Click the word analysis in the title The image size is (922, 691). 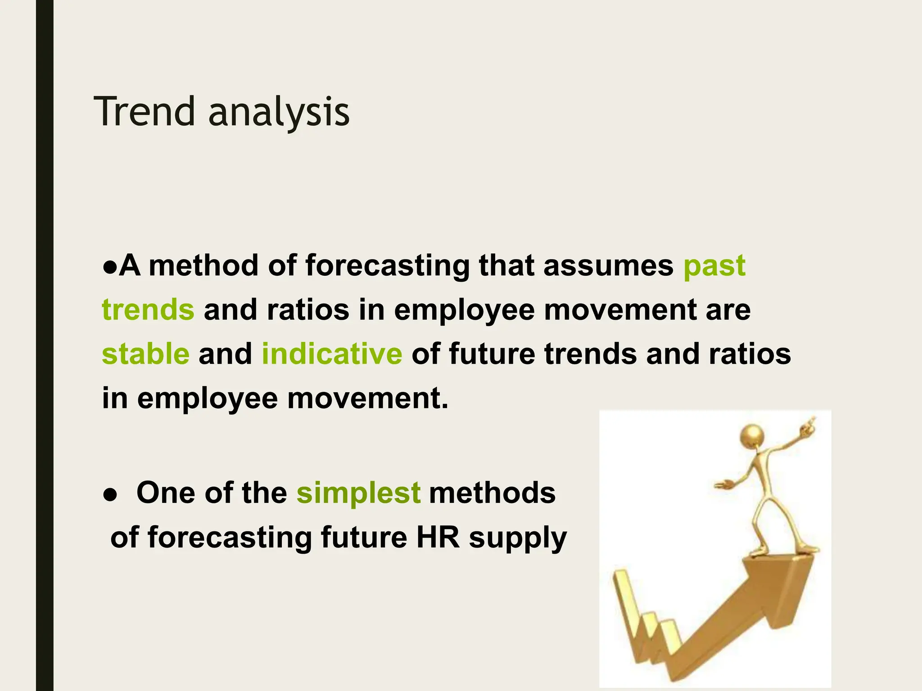click(x=279, y=112)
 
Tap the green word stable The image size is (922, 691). click(x=145, y=354)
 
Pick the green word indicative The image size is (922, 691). click(x=332, y=354)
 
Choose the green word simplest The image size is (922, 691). click(x=358, y=493)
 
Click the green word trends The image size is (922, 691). click(x=148, y=310)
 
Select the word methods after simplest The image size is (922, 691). click(x=493, y=493)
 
